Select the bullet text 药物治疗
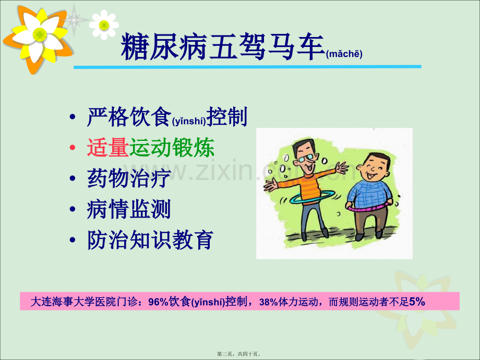[x=128, y=178]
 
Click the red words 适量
[x=107, y=149]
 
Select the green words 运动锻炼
[x=172, y=149]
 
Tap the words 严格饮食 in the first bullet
[x=128, y=118]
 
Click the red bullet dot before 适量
[x=74, y=149]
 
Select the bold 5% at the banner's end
[x=417, y=301]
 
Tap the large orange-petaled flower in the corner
[x=37, y=35]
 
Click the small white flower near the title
[x=104, y=24]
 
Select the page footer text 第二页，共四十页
[x=239, y=353]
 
